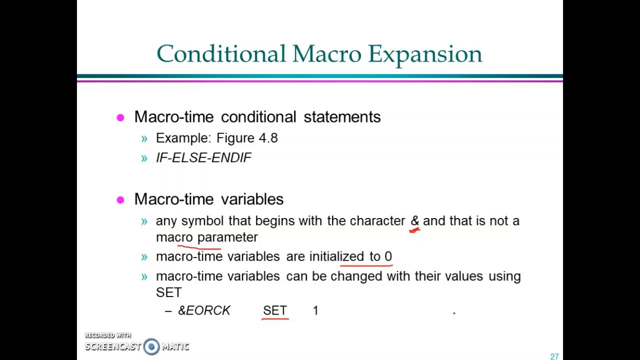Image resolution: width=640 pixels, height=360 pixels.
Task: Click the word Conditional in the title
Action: coord(221,54)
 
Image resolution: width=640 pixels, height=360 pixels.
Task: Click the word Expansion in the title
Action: coord(425,54)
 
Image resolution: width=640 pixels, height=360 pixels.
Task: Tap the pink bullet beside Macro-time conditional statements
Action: coord(120,117)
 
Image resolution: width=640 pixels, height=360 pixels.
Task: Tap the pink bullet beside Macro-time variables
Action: coord(120,200)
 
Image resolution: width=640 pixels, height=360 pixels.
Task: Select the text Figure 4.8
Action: coord(247,138)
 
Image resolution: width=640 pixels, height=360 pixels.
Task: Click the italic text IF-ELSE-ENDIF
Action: coord(203,157)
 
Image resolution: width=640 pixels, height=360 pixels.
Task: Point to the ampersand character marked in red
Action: coord(414,221)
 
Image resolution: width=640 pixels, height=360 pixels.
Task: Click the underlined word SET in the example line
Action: coord(274,310)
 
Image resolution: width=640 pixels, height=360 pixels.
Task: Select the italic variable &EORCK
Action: coord(204,310)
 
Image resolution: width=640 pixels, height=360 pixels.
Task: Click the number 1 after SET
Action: coord(315,310)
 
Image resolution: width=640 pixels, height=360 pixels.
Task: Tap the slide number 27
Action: coord(554,356)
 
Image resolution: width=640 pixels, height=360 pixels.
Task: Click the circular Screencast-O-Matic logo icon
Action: coord(151,346)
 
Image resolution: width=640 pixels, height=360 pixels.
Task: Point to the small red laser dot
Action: coord(454,313)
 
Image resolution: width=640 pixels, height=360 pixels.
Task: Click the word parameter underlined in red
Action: coord(227,237)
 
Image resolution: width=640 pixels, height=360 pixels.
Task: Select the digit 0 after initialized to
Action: coord(388,256)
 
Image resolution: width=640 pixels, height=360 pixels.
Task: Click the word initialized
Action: coord(336,256)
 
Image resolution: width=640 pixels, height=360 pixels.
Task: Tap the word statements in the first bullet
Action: coord(342,117)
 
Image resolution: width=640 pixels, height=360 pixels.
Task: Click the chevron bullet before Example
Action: coord(144,138)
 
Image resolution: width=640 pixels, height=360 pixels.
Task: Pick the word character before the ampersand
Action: coord(377,221)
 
